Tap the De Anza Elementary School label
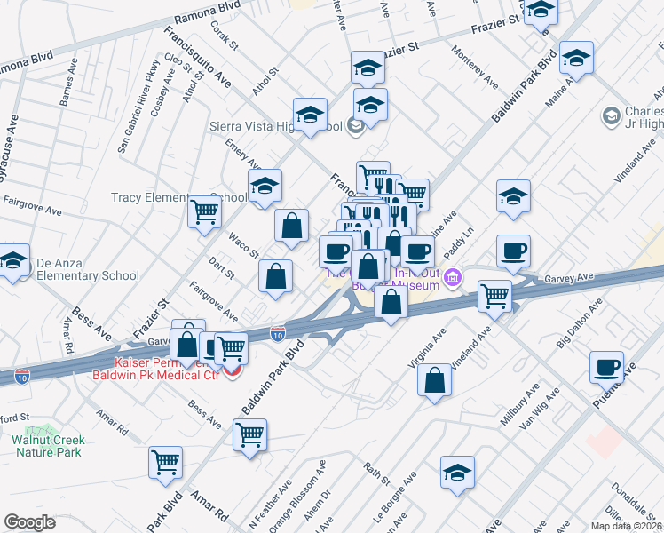coord(88,275)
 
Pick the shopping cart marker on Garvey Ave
coord(494,296)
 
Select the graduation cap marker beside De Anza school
coord(13,261)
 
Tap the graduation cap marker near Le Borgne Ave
coord(457,473)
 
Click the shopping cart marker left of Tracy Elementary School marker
coord(205,212)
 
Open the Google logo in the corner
coord(29,522)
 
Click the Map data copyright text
coord(626,526)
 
